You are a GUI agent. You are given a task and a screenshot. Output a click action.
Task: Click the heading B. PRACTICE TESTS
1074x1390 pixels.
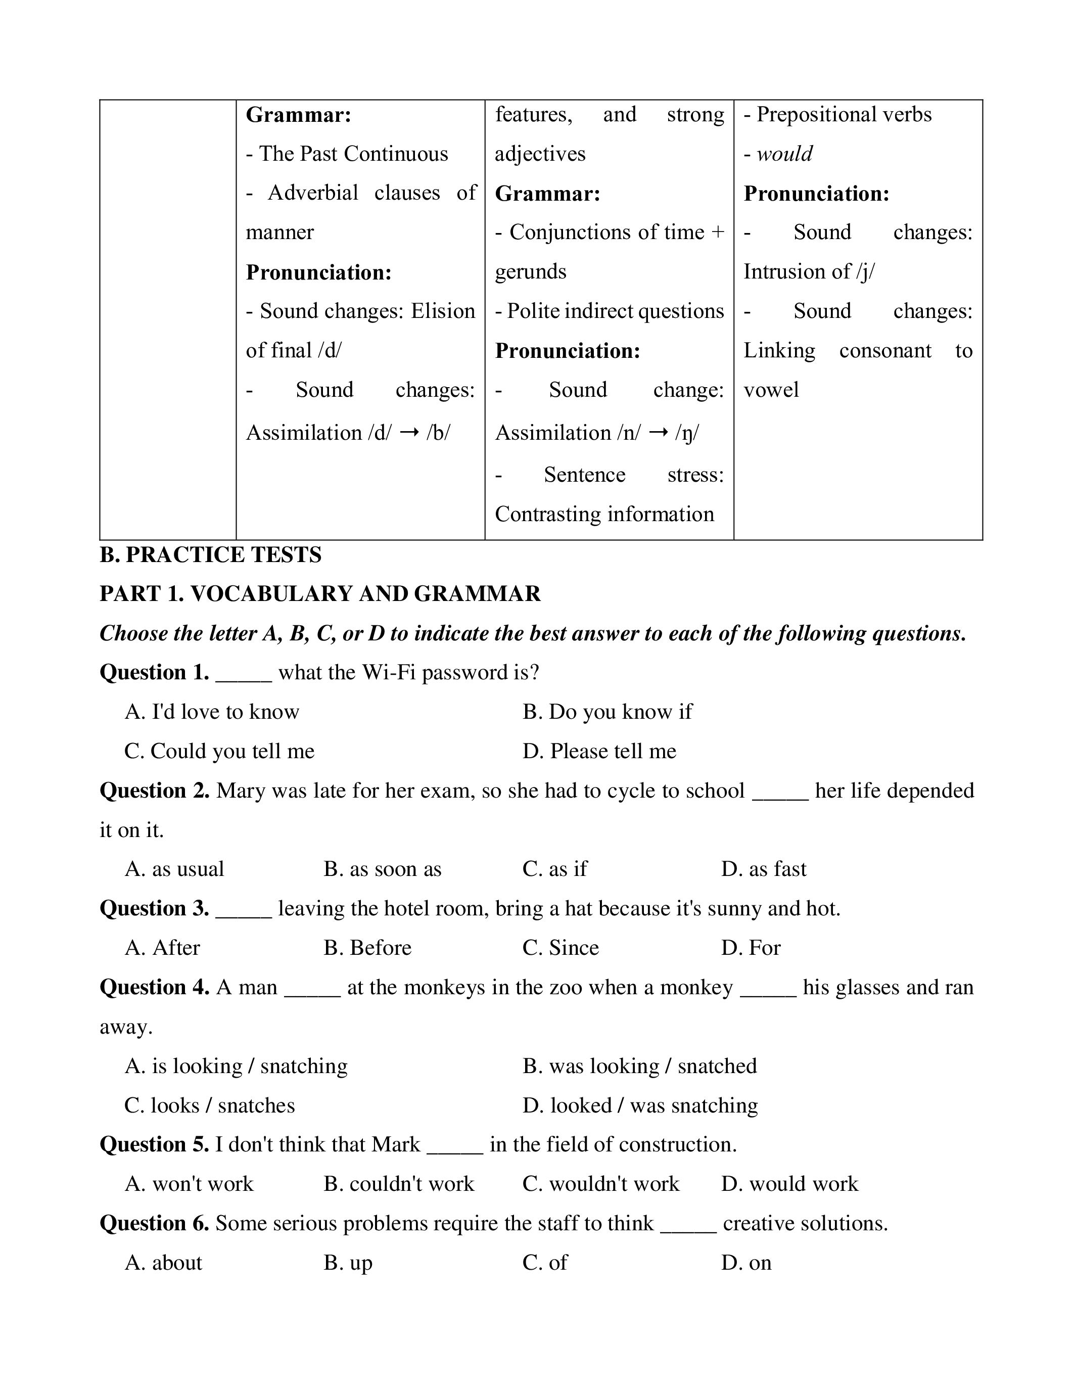coord(211,555)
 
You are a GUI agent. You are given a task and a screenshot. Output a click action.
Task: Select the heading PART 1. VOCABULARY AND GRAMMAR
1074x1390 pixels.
coord(320,594)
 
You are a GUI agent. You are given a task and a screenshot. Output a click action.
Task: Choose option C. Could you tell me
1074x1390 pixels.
coord(219,751)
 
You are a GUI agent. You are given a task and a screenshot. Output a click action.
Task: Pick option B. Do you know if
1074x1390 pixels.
coord(607,712)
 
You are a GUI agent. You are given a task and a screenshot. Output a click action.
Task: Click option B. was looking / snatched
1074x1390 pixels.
coord(639,1066)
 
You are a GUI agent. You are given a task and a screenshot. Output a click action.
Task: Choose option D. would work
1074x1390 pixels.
coord(789,1184)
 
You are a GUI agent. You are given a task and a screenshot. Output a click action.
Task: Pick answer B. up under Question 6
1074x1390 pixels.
coord(348,1263)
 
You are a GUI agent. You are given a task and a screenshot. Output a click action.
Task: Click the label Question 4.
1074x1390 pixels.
coord(155,987)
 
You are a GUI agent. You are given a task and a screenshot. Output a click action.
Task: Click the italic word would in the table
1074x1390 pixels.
coord(784,154)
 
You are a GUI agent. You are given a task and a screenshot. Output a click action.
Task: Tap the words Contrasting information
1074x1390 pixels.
coord(604,514)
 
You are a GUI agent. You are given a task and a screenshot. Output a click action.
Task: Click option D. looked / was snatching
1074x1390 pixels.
coord(640,1105)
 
